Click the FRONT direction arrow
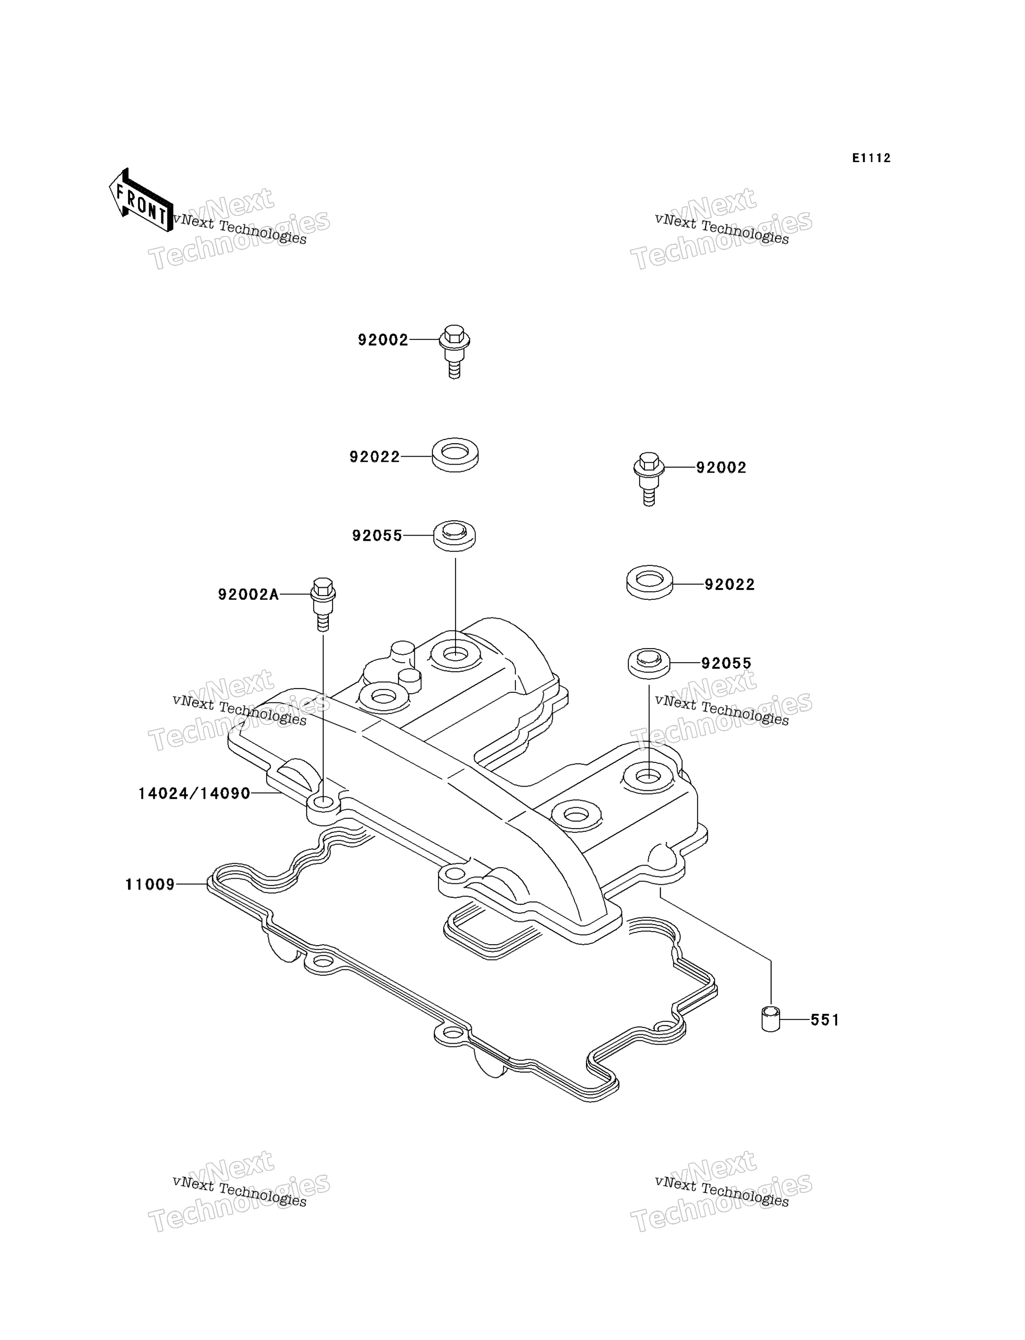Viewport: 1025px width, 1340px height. tap(140, 201)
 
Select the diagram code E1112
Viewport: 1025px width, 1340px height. tap(871, 158)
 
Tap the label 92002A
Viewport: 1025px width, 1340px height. tap(248, 594)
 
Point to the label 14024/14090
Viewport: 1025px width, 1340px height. tap(194, 794)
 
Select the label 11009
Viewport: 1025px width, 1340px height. tap(150, 884)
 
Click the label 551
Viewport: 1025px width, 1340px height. tap(825, 1020)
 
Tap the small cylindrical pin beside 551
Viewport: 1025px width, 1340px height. tap(771, 1020)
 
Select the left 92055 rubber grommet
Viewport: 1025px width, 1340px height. tap(455, 536)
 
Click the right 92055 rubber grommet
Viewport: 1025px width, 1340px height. tap(649, 663)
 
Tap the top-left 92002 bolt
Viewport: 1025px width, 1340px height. tap(455, 351)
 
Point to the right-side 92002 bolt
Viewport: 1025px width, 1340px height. tap(649, 479)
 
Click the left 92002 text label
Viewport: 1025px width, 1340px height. tap(383, 340)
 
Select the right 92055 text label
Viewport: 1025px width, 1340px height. tap(726, 663)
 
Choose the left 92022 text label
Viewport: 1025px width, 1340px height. tap(375, 457)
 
